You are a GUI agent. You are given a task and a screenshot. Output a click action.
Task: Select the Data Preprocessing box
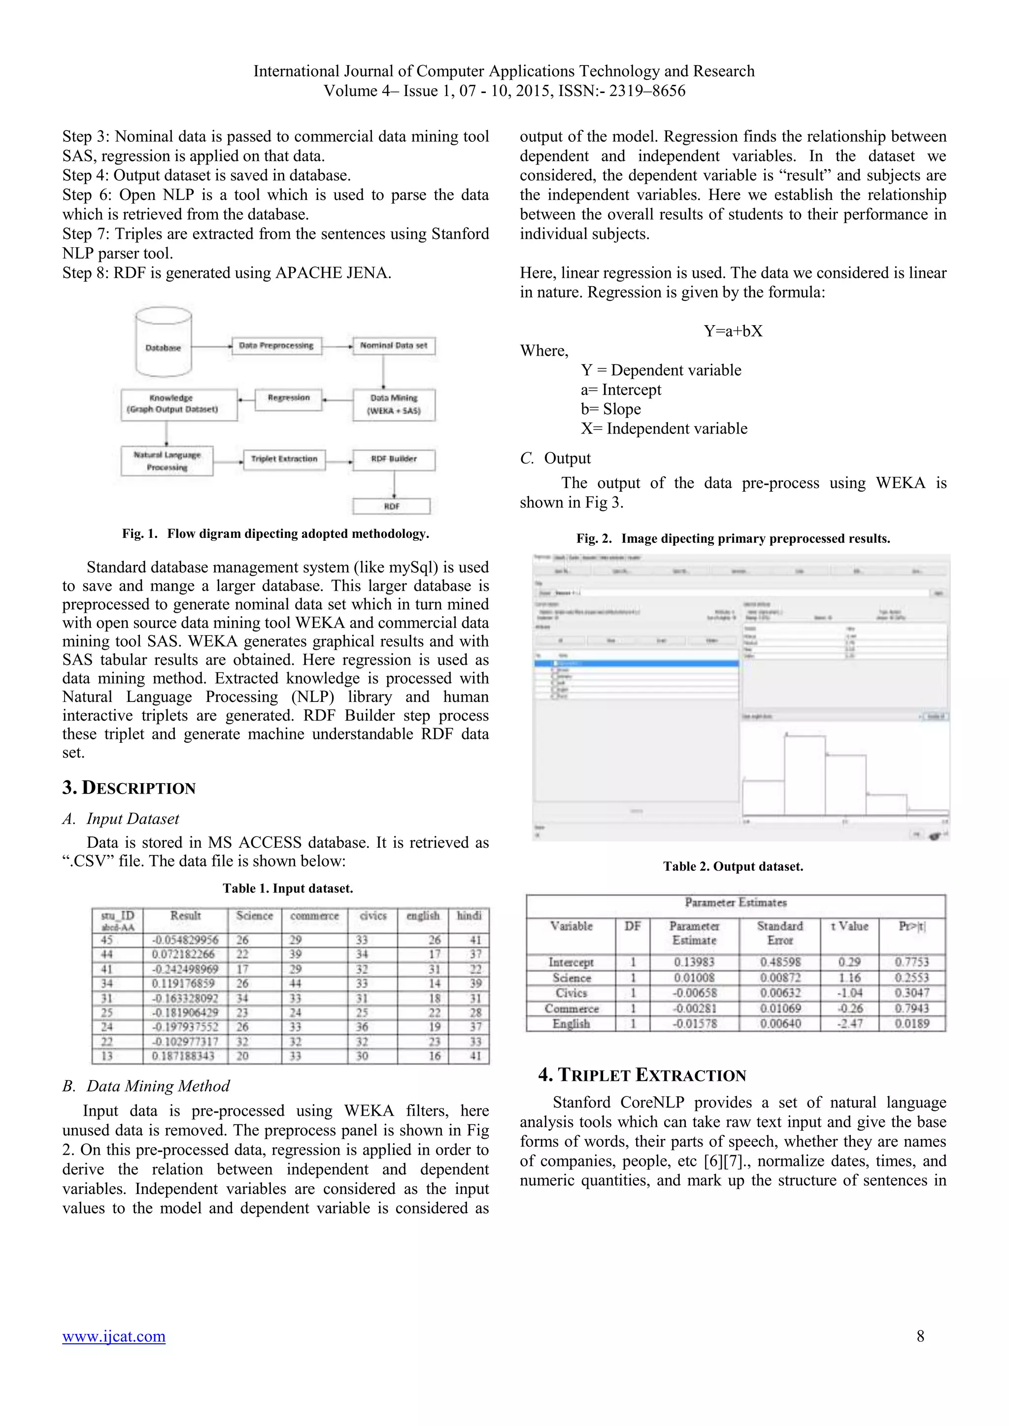pos(276,346)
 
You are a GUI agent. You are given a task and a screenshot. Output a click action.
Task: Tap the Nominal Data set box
pos(394,346)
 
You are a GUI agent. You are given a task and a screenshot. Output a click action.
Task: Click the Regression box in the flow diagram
pos(288,398)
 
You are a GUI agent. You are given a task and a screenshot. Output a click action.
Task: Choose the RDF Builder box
pos(394,459)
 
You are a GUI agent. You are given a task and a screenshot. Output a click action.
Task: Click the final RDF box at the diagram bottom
pos(391,506)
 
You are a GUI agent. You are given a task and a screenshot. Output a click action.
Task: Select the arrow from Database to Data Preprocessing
pos(211,346)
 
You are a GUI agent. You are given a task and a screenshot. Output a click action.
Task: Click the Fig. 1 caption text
pos(275,533)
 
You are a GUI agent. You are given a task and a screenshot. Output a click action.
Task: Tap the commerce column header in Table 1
pos(314,916)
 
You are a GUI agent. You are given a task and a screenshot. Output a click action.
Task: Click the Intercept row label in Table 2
pos(571,962)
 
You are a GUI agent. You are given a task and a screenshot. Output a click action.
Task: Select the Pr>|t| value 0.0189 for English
pos(911,1024)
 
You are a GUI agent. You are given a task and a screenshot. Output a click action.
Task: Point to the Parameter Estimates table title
pos(736,902)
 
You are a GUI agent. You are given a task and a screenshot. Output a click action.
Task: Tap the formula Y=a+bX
pos(733,331)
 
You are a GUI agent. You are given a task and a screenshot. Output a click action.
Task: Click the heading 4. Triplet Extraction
pos(642,1075)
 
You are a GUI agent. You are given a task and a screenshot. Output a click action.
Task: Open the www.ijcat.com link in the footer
pos(114,1336)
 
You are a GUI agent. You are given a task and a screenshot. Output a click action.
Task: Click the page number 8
pos(920,1336)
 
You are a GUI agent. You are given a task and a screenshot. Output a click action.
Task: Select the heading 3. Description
pos(129,788)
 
